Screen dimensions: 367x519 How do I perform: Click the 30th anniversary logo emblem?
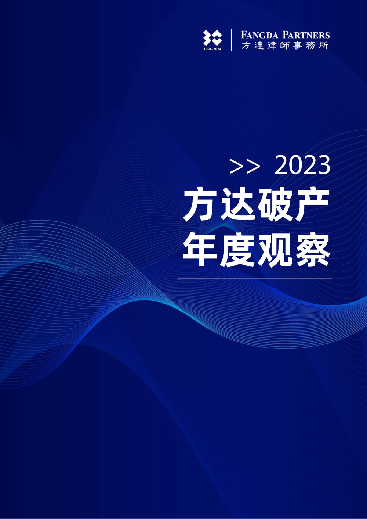212,38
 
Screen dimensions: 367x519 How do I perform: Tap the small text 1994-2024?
212,49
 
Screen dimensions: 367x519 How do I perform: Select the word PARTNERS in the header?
306,35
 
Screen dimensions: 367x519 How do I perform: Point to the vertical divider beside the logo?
231,40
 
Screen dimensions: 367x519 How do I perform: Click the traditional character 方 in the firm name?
246,46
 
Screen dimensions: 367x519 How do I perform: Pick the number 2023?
302,166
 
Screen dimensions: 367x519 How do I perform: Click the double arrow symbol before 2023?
245,166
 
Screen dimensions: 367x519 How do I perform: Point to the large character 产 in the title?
312,205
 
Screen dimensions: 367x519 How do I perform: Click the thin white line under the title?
255,279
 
